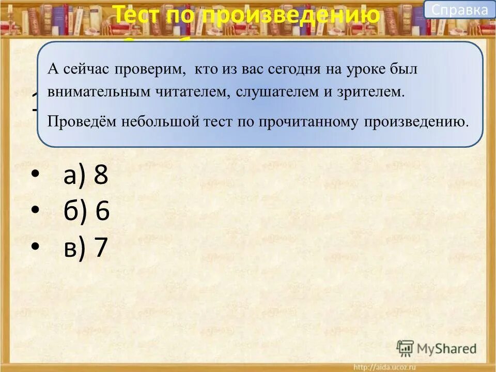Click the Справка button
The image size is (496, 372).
pyautogui.click(x=459, y=9)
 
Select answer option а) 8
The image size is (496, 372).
pyautogui.click(x=86, y=176)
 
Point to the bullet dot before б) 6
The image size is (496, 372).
pyautogui.click(x=35, y=211)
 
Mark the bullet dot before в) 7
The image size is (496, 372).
pyautogui.click(x=35, y=247)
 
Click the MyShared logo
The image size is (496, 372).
pyautogui.click(x=436, y=348)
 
